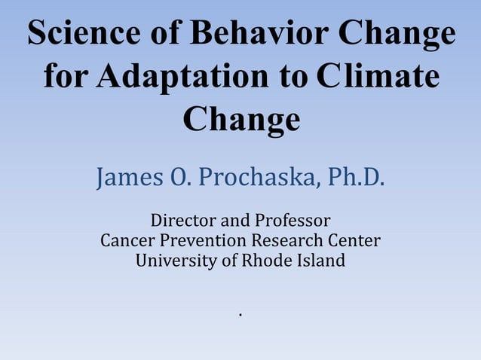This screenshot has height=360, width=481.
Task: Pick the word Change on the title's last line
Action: coord(241,119)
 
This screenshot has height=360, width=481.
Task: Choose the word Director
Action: coord(183,221)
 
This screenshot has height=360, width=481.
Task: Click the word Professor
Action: coord(292,221)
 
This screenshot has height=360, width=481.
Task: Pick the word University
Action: coord(174,261)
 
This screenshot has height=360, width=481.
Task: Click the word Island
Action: coord(319,261)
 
